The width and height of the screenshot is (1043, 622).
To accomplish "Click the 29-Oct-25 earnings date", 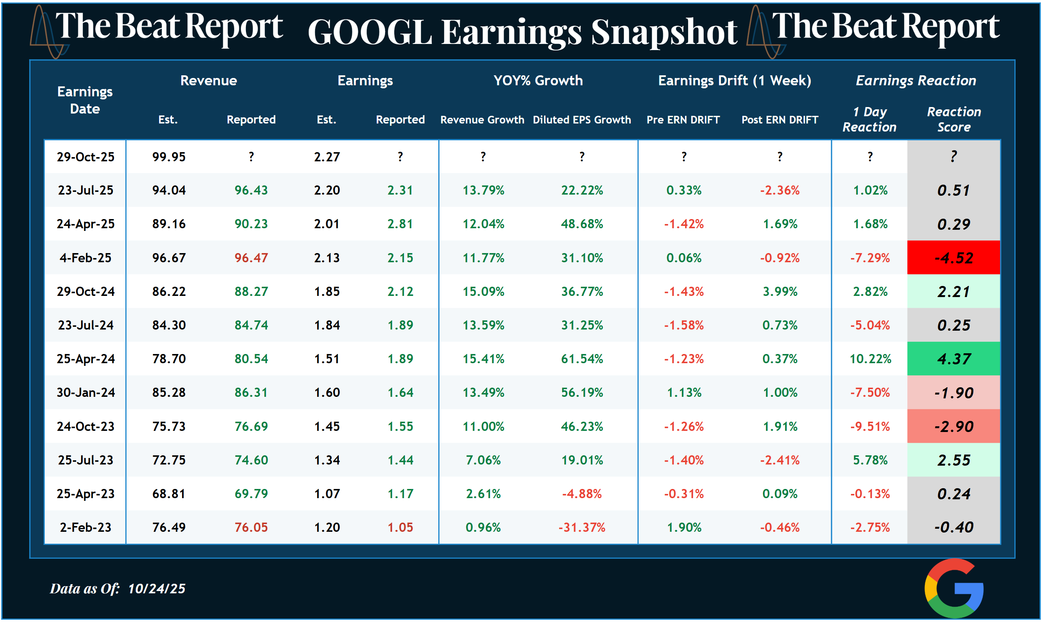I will click(x=86, y=157).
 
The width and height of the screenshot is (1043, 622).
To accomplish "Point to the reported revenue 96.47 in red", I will click(x=251, y=258).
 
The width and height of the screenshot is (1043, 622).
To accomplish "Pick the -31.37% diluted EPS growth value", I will click(x=581, y=527).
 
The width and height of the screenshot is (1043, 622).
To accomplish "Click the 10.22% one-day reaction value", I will click(x=870, y=359).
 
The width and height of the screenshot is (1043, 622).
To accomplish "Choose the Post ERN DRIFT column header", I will click(x=779, y=120).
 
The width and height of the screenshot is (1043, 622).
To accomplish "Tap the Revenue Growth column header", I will click(x=482, y=120).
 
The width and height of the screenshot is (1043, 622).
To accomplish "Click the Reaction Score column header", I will click(x=954, y=119).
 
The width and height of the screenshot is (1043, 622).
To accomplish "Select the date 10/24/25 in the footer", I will click(x=156, y=588).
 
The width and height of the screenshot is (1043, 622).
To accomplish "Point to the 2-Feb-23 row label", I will click(x=86, y=527).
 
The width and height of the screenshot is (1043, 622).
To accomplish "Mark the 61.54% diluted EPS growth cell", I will click(x=581, y=359).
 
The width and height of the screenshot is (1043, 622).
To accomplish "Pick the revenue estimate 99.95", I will click(x=169, y=157).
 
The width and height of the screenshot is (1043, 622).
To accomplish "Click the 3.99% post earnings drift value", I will click(x=780, y=291).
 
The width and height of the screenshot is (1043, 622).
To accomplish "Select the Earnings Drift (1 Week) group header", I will click(x=734, y=81).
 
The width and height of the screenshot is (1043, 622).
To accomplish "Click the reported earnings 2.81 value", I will click(x=400, y=224).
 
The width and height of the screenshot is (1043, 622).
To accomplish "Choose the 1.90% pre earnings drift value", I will click(x=684, y=527).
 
